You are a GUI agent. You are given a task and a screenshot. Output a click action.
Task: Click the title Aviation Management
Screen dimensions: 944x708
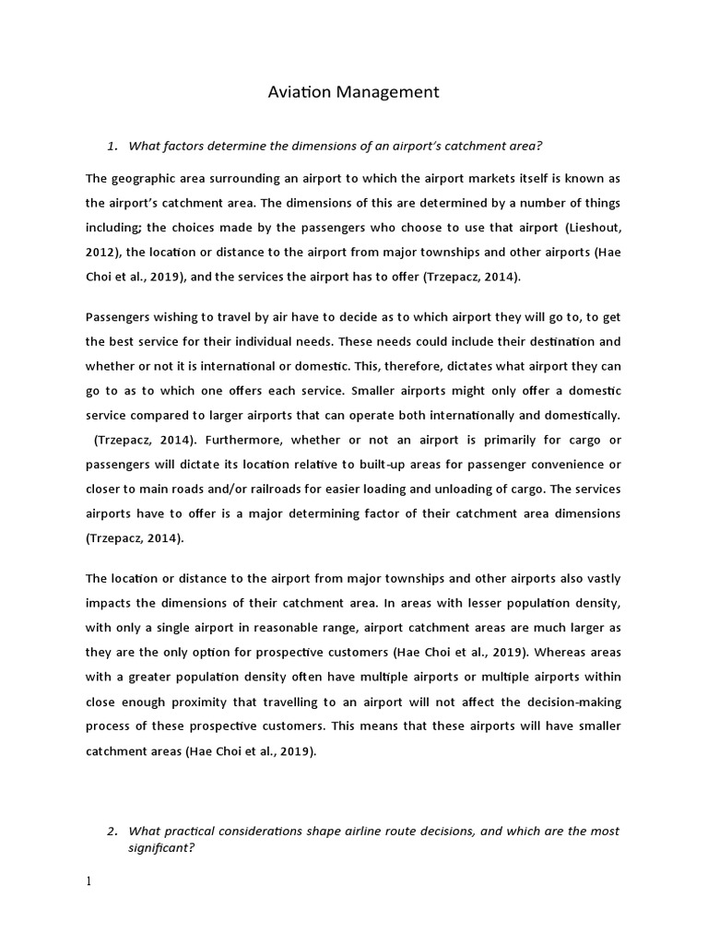pyautogui.click(x=353, y=91)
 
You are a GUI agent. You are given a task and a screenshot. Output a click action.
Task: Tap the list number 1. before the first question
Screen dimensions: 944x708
pyautogui.click(x=113, y=146)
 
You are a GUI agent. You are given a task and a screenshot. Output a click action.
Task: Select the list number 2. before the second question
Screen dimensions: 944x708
pyautogui.click(x=113, y=831)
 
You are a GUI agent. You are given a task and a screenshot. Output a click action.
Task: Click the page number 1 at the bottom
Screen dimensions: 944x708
pyautogui.click(x=88, y=881)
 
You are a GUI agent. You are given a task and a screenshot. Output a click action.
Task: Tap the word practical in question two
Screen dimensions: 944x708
pyautogui.click(x=193, y=831)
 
